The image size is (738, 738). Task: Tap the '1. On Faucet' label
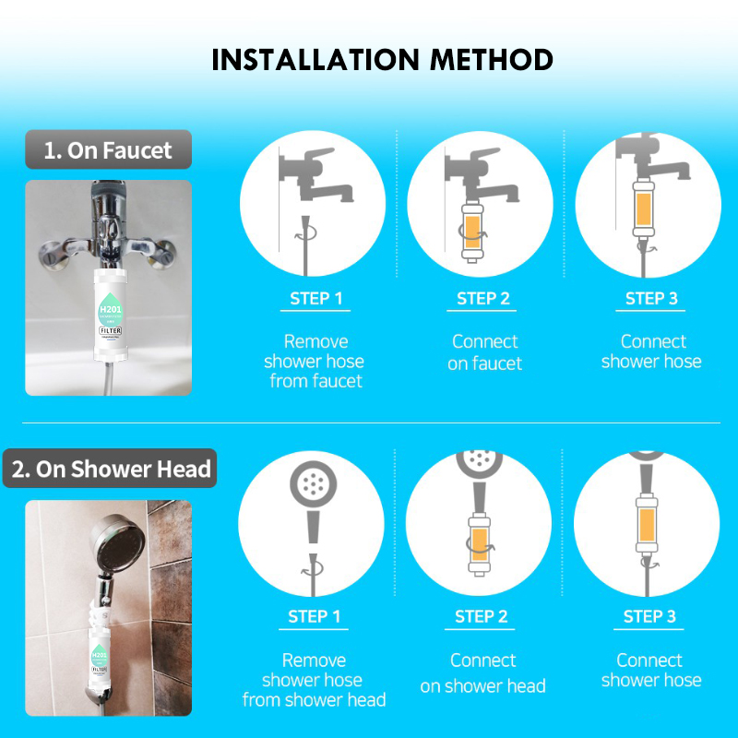click(108, 150)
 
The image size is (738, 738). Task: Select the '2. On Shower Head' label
click(112, 469)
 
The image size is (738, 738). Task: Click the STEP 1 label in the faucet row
click(315, 298)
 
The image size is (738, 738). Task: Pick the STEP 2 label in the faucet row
click(483, 298)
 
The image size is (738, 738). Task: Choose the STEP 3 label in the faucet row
click(651, 298)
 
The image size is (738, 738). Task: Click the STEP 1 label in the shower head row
click(315, 616)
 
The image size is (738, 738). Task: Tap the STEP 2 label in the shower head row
click(482, 616)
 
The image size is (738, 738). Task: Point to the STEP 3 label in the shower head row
click(649, 616)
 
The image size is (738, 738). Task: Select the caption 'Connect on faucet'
click(484, 352)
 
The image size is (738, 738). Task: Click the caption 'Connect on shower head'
click(483, 673)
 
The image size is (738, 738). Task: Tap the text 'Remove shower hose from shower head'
click(314, 680)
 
